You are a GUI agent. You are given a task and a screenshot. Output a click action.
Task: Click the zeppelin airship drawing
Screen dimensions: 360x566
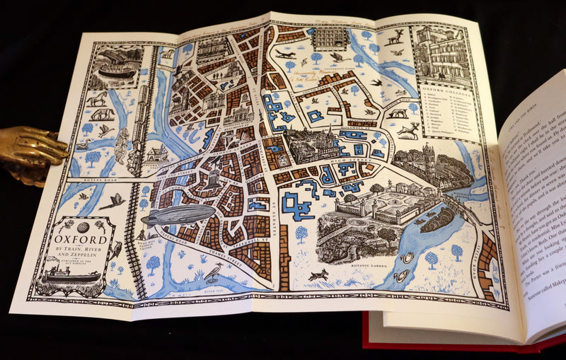(178, 215)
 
